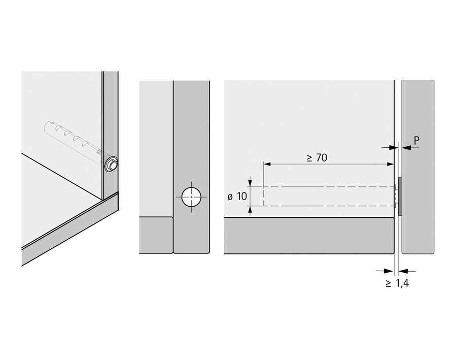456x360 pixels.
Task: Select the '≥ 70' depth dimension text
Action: pos(317,157)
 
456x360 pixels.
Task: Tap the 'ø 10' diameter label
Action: pos(234,197)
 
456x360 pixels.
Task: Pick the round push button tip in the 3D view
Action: pos(112,165)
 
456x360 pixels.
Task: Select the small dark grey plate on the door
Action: pos(401,195)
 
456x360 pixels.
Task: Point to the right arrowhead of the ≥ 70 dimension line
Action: pos(391,164)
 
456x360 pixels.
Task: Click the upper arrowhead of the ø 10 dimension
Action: pos(250,183)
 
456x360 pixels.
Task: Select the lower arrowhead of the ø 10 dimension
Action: pos(250,210)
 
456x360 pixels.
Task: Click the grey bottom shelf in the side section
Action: pos(308,235)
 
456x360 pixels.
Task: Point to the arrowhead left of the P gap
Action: pos(391,147)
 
